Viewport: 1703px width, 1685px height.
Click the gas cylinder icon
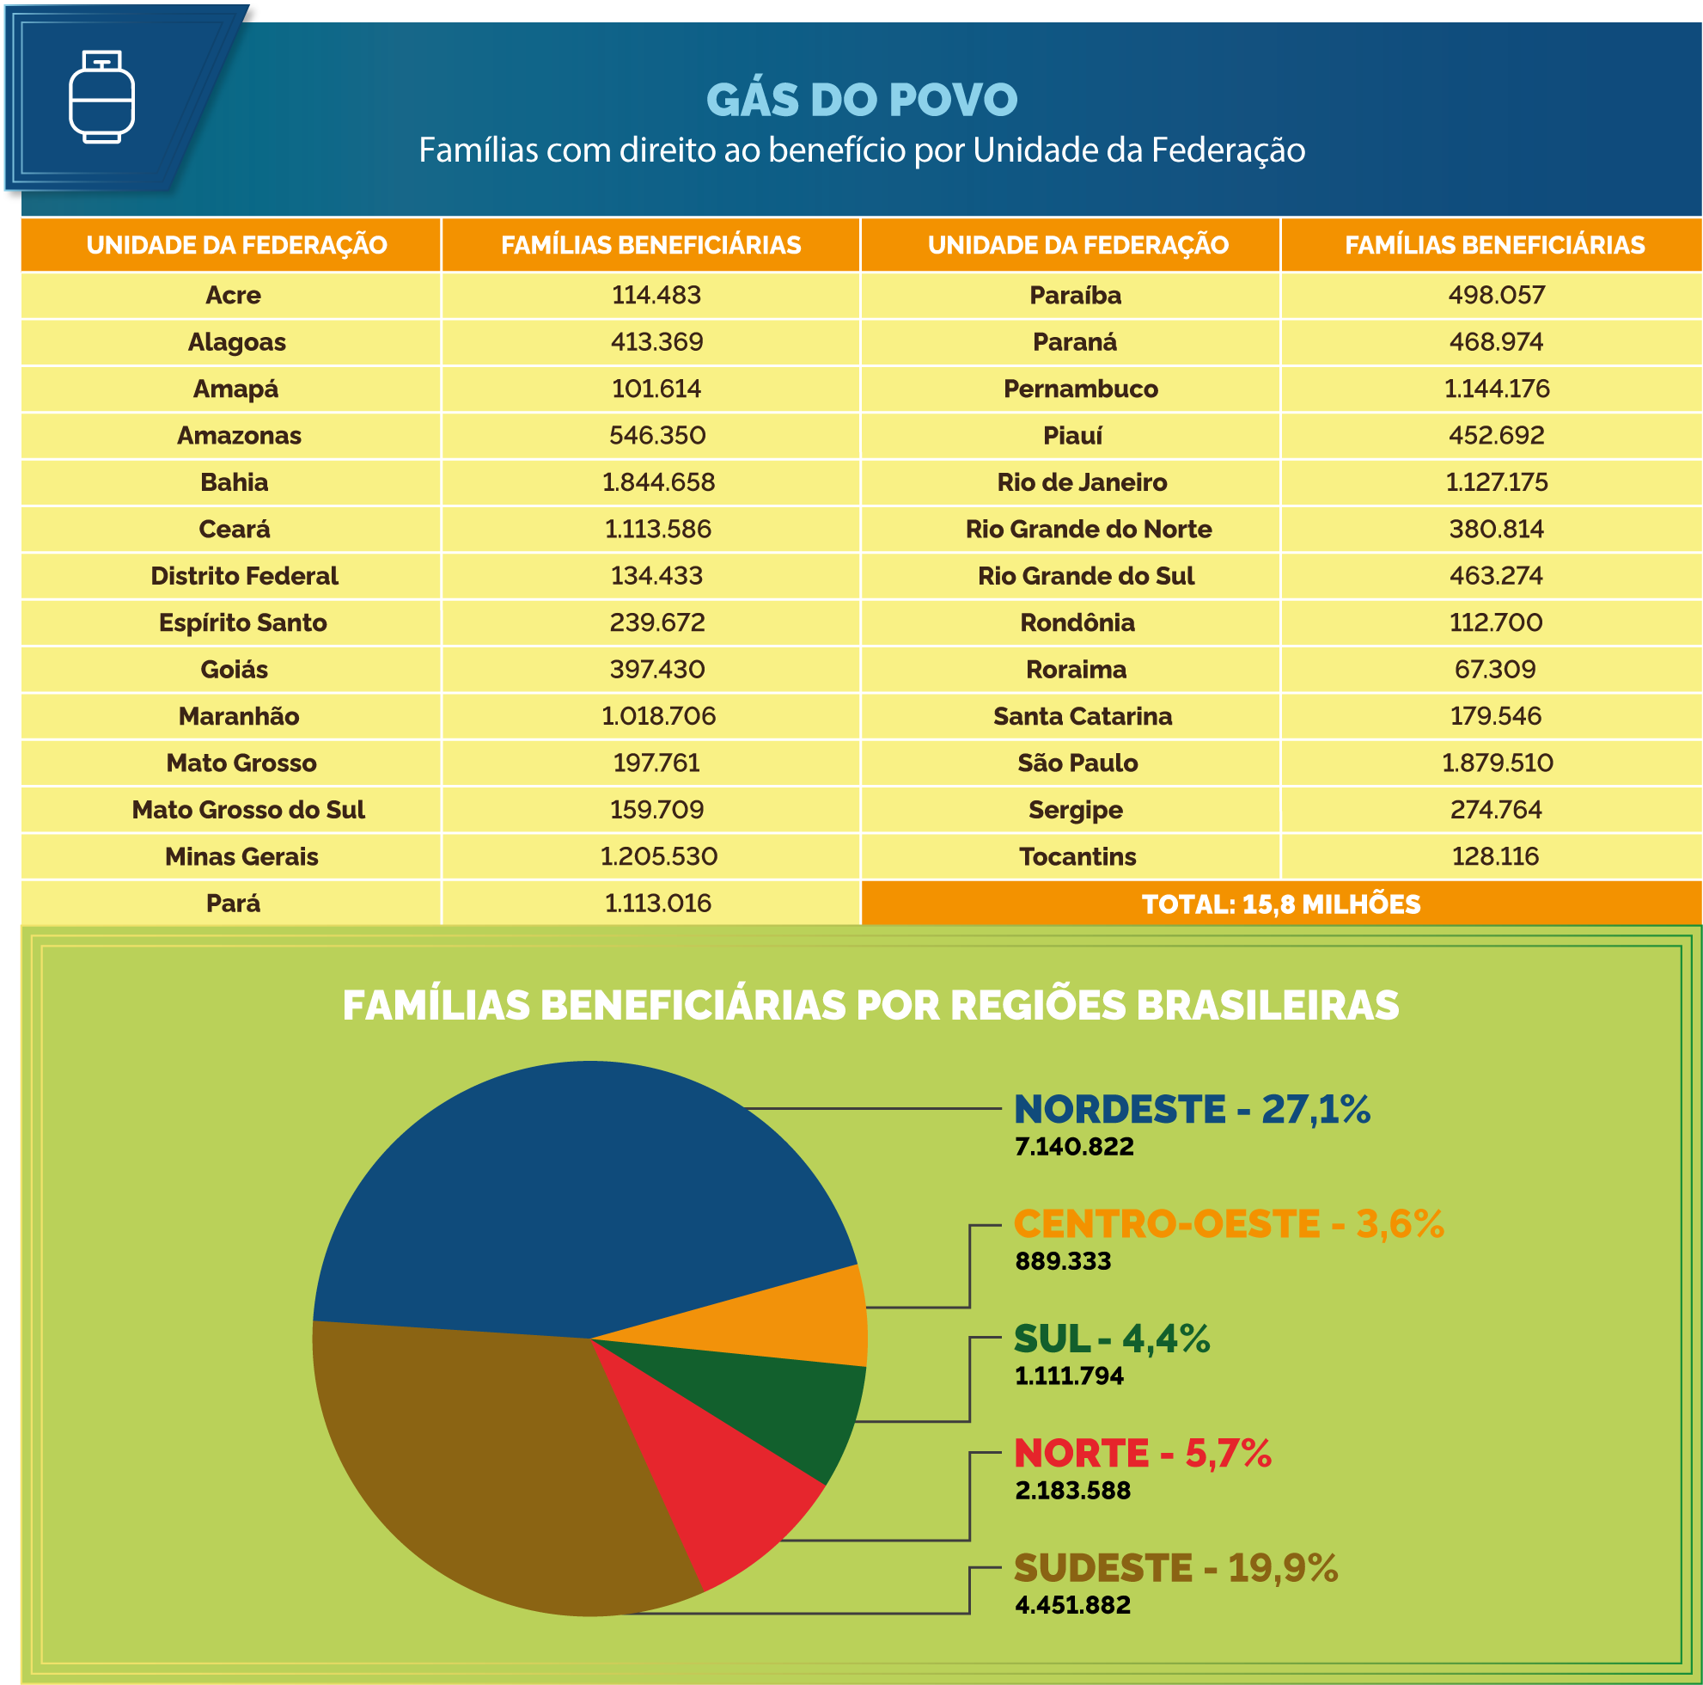tap(101, 96)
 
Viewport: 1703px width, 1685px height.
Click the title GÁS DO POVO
tap(861, 100)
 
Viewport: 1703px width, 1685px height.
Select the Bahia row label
tap(234, 482)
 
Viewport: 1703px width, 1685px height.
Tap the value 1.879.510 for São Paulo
tap(1497, 763)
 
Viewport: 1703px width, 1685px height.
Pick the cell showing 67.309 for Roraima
tap(1495, 669)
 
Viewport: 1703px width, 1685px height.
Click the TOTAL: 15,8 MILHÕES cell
tap(1280, 904)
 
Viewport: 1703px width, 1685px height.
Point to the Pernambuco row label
tap(1080, 389)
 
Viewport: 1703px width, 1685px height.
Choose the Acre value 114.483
tap(656, 295)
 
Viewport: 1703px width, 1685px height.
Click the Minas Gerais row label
tap(241, 856)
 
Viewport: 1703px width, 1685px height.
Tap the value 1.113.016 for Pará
tap(657, 903)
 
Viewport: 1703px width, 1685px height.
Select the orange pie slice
tap(793, 1318)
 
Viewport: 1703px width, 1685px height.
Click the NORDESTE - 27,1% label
tap(1192, 1109)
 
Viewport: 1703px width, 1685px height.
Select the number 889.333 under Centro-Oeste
tap(1062, 1261)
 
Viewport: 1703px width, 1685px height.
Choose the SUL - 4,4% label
tap(1112, 1339)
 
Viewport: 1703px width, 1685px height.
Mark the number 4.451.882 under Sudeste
tap(1071, 1605)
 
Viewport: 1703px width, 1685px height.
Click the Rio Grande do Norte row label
tap(1088, 529)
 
